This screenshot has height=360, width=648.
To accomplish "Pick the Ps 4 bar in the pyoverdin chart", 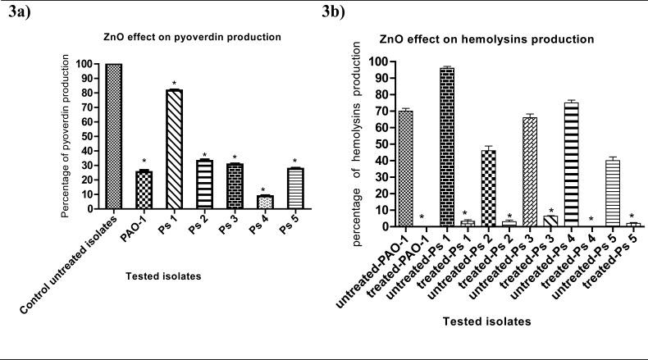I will [x=263, y=201].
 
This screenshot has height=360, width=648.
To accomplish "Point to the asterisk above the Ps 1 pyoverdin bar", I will [x=175, y=84].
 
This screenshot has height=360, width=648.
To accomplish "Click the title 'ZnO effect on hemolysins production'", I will [x=498, y=39].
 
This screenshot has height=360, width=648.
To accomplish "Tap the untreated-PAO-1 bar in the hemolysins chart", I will [x=404, y=168].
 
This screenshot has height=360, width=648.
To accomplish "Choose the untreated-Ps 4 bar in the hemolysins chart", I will [x=571, y=164].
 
